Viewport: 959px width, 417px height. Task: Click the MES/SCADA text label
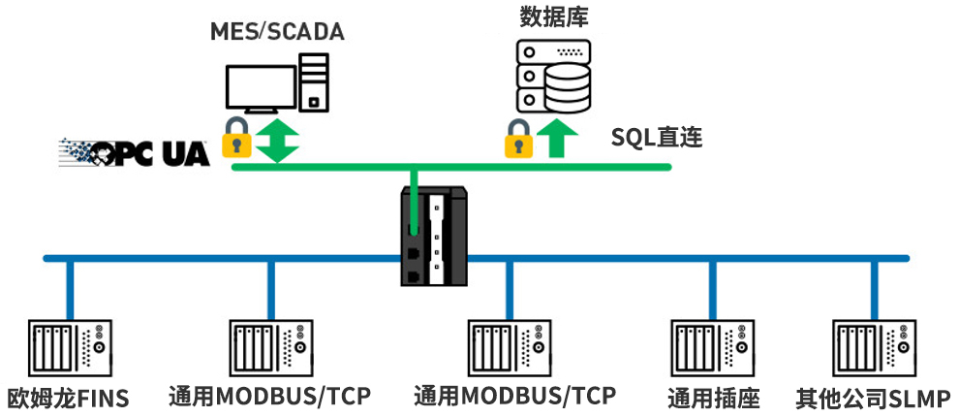277,32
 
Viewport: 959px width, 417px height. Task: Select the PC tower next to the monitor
313,82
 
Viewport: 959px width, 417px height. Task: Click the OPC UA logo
135,152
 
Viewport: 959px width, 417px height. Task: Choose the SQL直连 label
656,137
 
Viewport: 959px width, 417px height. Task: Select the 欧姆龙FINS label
68,399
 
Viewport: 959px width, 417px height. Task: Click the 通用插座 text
713,399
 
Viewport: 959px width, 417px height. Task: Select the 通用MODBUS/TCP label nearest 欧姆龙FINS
269,397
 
